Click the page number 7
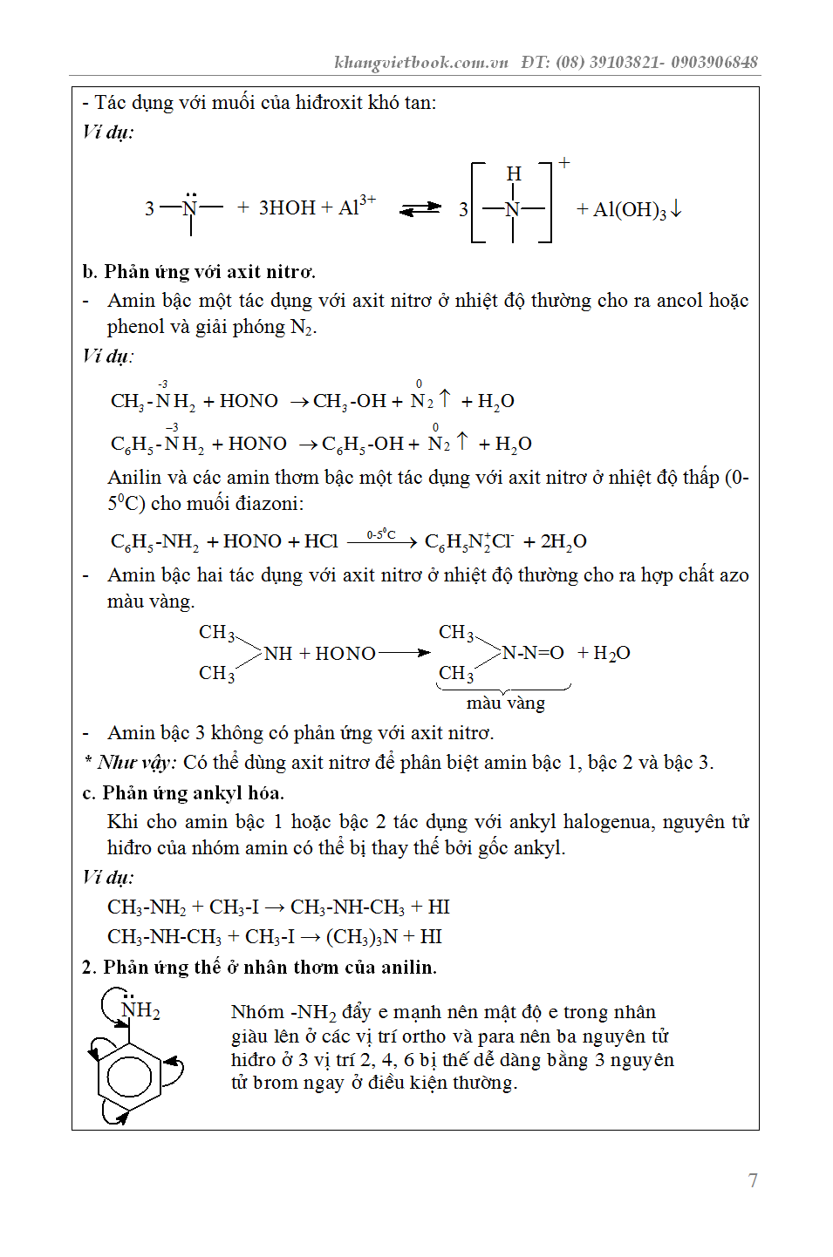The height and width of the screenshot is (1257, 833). click(753, 1180)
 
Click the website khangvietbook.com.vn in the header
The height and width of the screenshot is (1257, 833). click(421, 62)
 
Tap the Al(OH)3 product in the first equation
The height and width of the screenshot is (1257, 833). click(630, 209)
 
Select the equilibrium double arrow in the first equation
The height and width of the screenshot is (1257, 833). click(420, 208)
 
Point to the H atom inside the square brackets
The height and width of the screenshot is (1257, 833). click(513, 173)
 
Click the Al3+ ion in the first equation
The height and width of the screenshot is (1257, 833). click(357, 206)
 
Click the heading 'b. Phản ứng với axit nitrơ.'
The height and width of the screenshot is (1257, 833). click(199, 271)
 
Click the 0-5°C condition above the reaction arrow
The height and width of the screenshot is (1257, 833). click(381, 533)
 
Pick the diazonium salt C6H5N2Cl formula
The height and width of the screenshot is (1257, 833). click(468, 541)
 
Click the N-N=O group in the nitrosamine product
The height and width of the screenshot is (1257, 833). click(533, 653)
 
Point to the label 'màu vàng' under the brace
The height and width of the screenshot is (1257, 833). click(505, 703)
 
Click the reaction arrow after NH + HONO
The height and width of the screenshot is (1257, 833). click(404, 653)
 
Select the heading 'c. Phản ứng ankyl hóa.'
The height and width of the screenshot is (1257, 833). click(193, 792)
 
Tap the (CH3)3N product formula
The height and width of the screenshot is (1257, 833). click(361, 936)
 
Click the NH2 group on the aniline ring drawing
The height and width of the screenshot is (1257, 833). click(140, 1010)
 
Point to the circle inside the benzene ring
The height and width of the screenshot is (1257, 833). click(129, 1077)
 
